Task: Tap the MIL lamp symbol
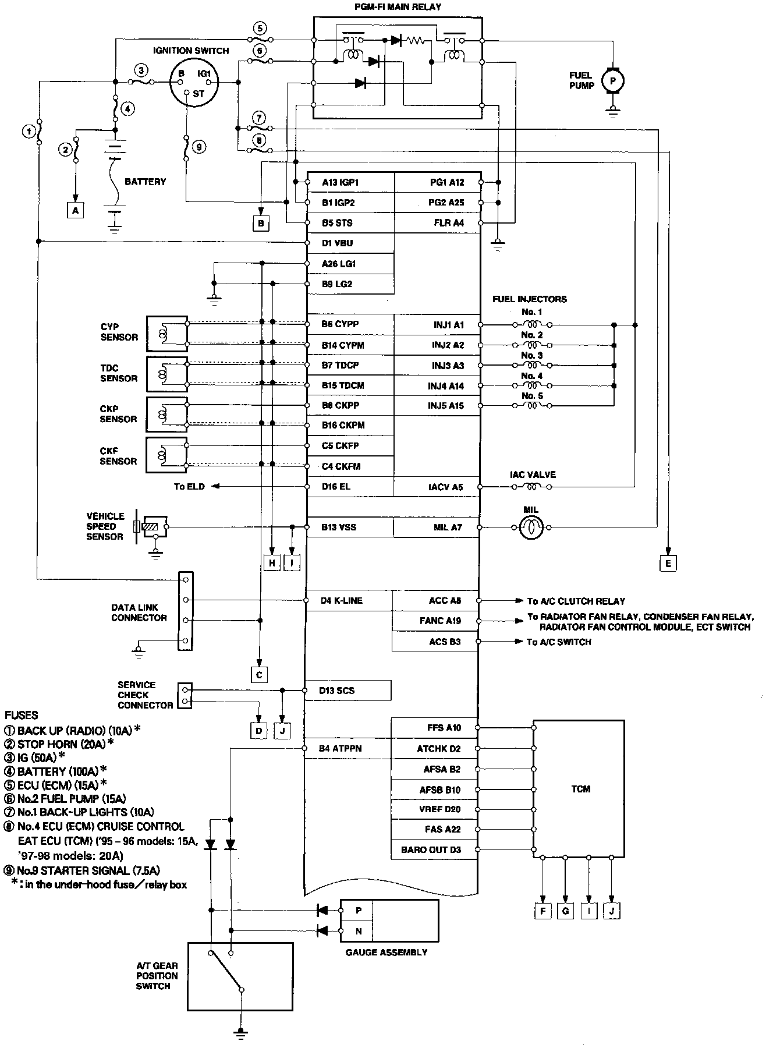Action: click(x=531, y=527)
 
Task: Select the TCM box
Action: click(x=579, y=789)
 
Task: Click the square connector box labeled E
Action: click(x=668, y=563)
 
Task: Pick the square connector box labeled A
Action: click(x=75, y=210)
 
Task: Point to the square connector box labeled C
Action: click(x=259, y=675)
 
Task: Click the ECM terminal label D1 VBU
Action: click(x=338, y=243)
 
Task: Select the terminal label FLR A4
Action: click(x=449, y=223)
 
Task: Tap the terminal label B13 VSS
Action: click(x=339, y=527)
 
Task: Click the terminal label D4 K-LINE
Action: click(x=342, y=600)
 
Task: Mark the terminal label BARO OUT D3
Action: click(x=431, y=850)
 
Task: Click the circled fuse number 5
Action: click(x=260, y=28)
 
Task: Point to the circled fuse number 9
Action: click(x=198, y=147)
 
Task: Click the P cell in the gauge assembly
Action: click(x=358, y=910)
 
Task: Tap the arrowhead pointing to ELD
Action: click(x=215, y=487)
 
